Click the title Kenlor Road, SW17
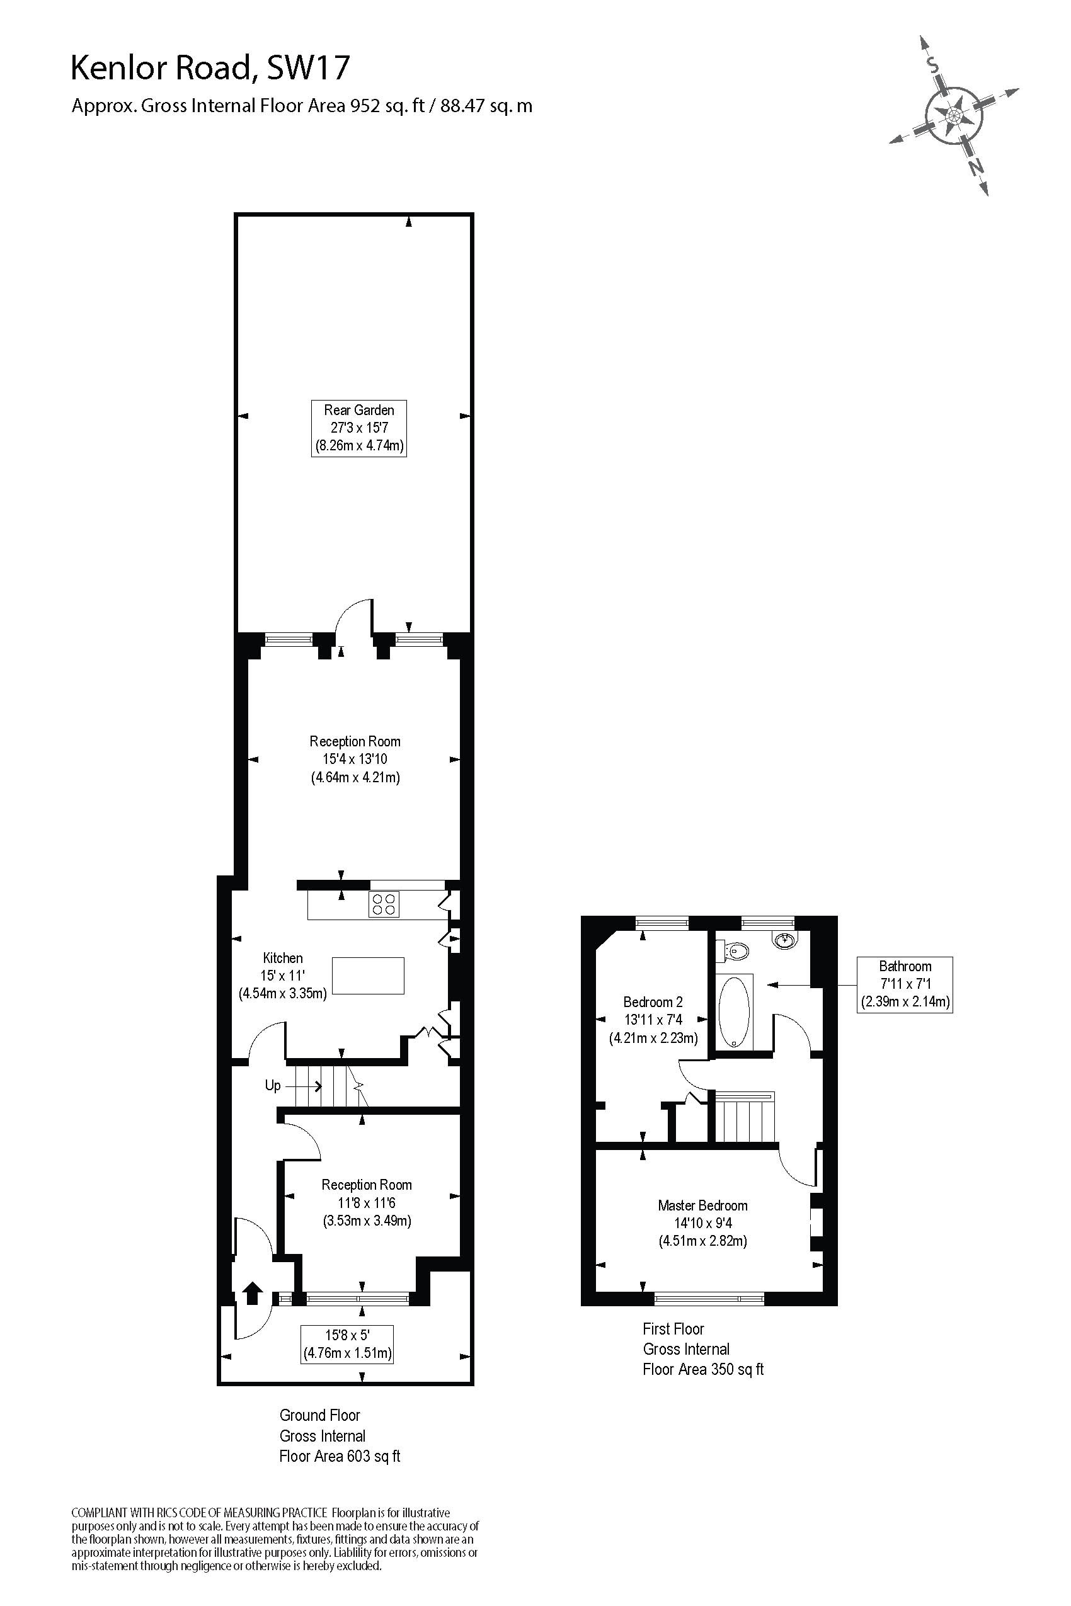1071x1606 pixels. [210, 69]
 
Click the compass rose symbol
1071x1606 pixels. [954, 115]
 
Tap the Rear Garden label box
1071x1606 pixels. [358, 428]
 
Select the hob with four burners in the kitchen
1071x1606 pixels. [384, 905]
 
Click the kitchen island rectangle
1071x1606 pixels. [368, 975]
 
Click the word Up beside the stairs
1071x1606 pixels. [273, 1085]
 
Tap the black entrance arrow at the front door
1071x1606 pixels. [253, 1293]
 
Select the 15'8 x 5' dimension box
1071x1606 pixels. [347, 1344]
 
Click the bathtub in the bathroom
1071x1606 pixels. [734, 1011]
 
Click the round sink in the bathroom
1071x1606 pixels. [786, 940]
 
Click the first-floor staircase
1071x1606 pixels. [745, 1117]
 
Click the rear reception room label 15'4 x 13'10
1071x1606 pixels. [355, 759]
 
